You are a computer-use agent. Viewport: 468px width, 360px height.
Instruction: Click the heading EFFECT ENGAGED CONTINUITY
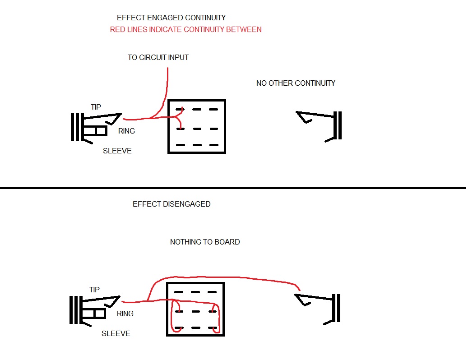click(171, 18)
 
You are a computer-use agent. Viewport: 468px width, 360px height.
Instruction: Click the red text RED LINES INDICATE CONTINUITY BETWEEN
click(185, 30)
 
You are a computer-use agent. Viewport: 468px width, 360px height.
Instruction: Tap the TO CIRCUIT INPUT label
click(158, 58)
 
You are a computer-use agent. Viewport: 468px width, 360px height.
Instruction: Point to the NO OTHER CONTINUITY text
click(296, 83)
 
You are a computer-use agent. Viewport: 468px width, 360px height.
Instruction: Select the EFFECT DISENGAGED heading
click(171, 204)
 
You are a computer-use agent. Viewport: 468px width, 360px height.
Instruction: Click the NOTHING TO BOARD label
click(205, 242)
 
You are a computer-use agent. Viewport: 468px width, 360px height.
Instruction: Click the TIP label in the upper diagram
click(96, 107)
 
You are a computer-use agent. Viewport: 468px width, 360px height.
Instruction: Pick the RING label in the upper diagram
click(126, 131)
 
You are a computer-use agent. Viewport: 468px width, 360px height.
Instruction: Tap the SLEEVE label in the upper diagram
click(117, 151)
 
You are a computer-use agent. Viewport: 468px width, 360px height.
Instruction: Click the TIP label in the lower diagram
click(94, 290)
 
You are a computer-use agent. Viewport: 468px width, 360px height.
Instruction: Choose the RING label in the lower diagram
click(125, 314)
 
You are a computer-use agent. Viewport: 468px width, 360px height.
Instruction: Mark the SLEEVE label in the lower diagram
click(116, 333)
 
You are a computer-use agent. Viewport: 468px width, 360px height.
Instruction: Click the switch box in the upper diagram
click(196, 127)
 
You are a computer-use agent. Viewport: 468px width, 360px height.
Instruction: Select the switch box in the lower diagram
click(195, 309)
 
